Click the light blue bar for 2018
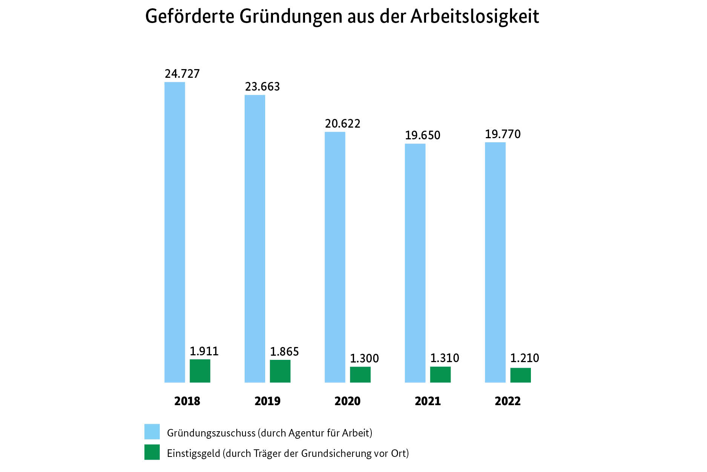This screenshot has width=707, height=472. pos(175,232)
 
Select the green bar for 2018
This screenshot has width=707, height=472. pos(200,371)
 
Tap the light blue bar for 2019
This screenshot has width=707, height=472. pos(255,239)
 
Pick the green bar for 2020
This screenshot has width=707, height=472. pos(360,375)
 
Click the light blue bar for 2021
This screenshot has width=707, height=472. pos(415,263)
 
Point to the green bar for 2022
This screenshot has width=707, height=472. pos(520,375)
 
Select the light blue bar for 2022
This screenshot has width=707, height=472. pos(495,262)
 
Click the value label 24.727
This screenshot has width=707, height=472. pos(182,74)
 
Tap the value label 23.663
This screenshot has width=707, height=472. pos(262,87)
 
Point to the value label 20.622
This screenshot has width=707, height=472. pos(343,124)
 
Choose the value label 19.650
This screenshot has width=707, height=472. pos(423,135)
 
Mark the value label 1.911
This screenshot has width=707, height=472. pos(204,352)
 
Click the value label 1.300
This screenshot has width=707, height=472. pos(364,358)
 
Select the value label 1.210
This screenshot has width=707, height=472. pos(524,358)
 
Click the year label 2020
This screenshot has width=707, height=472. pos(347,401)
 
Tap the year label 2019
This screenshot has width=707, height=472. pos(267,401)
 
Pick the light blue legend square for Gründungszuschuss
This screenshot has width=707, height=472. pos(152,432)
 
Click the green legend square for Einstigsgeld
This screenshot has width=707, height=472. pos(152,452)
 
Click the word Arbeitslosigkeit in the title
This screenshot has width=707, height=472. pos(475,17)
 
